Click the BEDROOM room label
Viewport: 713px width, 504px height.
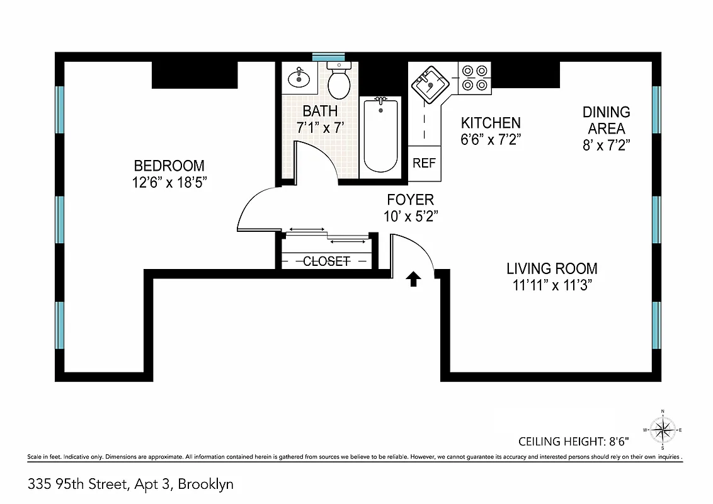point(169,166)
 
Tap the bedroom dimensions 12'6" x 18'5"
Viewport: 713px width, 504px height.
point(169,182)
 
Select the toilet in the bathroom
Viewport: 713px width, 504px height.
point(339,82)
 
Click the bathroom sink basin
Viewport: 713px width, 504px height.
point(298,79)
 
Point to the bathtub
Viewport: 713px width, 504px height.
point(379,135)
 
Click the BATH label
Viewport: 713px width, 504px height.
point(320,112)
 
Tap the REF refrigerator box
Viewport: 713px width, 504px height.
point(424,163)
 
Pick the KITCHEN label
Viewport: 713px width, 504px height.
point(491,123)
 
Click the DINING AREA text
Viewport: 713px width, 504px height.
point(606,120)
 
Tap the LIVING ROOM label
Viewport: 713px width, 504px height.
point(552,268)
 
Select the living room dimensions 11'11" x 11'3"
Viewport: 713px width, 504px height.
point(552,285)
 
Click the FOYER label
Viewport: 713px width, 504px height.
point(410,200)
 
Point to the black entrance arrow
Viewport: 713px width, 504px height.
point(413,278)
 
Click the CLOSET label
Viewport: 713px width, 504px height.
point(326,261)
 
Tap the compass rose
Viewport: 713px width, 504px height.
point(663,430)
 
